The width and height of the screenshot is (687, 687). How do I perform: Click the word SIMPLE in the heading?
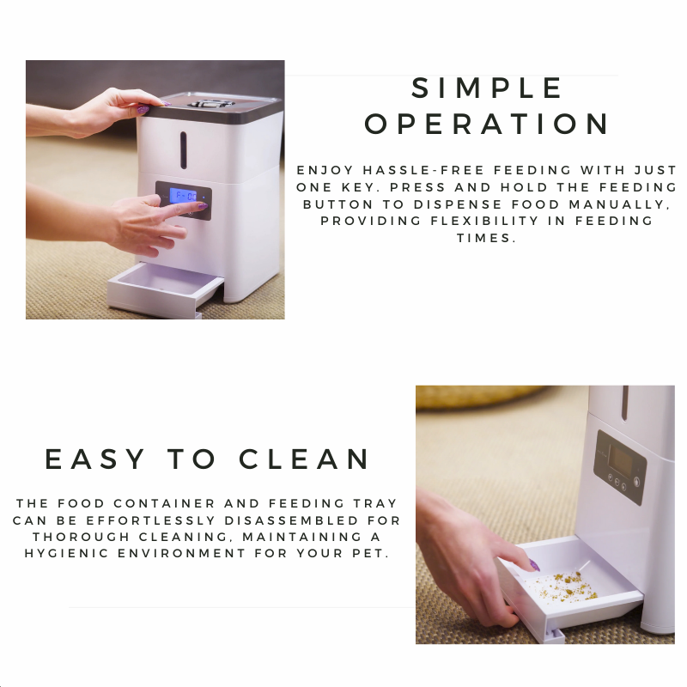pos(486,88)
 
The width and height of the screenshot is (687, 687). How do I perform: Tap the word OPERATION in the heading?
pos(486,124)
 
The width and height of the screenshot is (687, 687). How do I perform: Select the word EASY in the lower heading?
pos(95,459)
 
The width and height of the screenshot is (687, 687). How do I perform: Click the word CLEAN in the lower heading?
pos(304,459)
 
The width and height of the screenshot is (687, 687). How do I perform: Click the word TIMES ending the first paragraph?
pos(486,238)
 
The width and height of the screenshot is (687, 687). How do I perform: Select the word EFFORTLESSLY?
pos(151,520)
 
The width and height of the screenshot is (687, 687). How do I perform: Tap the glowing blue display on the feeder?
pos(184,196)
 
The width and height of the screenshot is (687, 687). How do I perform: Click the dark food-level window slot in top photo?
pos(183,149)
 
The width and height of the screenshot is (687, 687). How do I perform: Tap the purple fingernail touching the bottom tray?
pos(534,565)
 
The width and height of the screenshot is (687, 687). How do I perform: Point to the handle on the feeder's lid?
pos(211,103)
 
